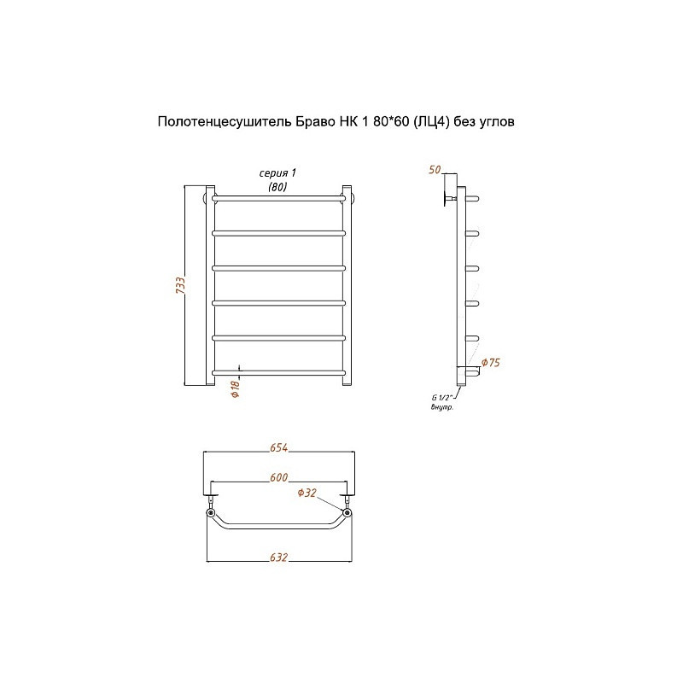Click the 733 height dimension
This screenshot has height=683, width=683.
(x=180, y=285)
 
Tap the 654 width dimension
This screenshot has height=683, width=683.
(x=279, y=447)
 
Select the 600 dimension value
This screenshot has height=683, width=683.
(x=279, y=477)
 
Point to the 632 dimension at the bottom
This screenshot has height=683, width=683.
(x=279, y=557)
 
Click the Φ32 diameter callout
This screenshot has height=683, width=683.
(x=307, y=493)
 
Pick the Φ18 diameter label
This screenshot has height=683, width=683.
(x=236, y=389)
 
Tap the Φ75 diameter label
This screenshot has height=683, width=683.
(x=490, y=362)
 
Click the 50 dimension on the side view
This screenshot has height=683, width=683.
(x=435, y=169)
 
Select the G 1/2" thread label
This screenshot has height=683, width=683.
(x=442, y=397)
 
